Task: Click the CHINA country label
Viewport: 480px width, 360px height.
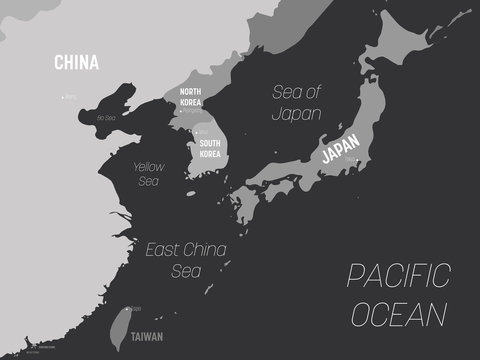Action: tap(76, 63)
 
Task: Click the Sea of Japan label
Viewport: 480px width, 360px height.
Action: tap(297, 103)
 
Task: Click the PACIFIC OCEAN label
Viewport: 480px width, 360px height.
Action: tap(397, 295)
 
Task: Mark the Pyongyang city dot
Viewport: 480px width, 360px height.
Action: tap(182, 110)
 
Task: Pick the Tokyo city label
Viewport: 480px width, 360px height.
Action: tap(351, 158)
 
